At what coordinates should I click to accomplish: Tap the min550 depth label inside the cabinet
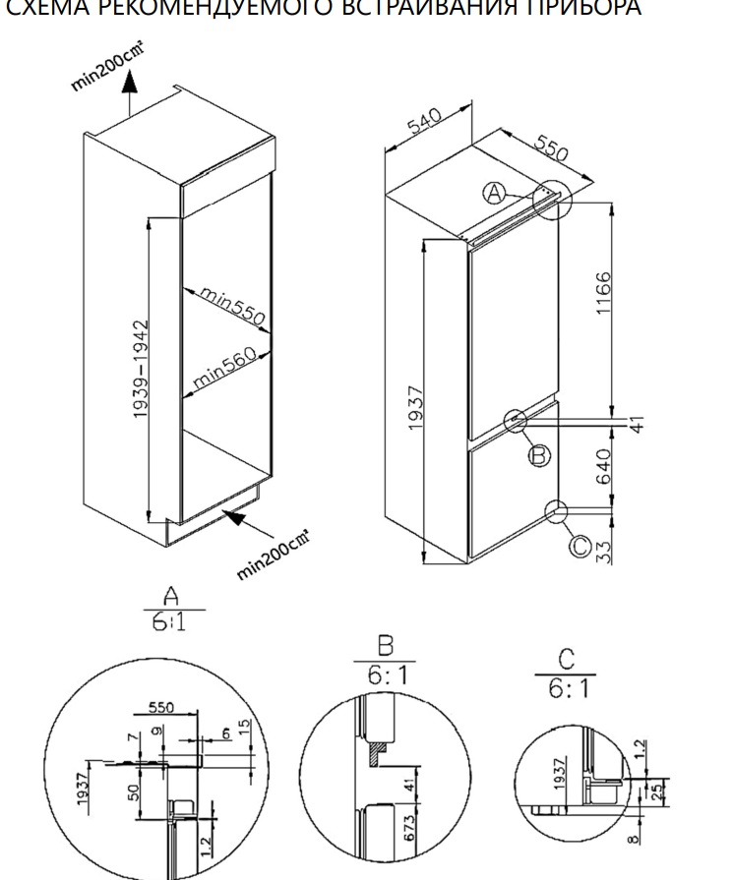tap(233, 306)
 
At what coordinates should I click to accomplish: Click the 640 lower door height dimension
tap(604, 464)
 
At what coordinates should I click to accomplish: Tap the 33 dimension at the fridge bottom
tap(604, 550)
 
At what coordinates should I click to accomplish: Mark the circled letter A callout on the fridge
tap(495, 193)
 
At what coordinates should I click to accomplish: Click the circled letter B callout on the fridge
tap(539, 454)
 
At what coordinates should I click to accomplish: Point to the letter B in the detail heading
tap(384, 646)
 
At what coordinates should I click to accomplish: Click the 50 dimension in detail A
tap(133, 792)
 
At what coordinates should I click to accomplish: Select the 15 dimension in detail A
tap(243, 733)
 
